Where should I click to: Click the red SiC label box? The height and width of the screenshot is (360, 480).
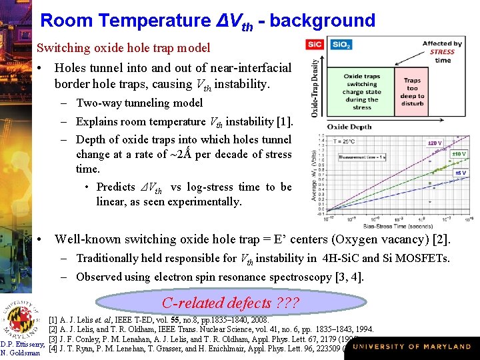(x=315, y=45)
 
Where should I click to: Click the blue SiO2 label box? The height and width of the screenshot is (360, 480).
(x=341, y=45)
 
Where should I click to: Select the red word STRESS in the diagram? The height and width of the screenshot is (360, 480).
(x=442, y=52)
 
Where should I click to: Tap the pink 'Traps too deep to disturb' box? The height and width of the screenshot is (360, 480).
(x=412, y=89)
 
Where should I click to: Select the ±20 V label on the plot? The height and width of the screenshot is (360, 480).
(x=435, y=143)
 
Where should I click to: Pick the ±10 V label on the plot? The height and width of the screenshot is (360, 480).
(x=459, y=153)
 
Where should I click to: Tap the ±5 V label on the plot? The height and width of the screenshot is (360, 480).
(x=460, y=173)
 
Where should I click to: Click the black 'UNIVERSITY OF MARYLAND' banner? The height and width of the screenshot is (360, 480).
(x=412, y=347)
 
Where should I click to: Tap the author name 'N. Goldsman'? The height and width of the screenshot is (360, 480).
(x=22, y=353)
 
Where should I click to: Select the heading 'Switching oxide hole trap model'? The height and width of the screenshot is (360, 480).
(x=123, y=48)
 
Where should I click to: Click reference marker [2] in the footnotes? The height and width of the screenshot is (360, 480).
(x=53, y=329)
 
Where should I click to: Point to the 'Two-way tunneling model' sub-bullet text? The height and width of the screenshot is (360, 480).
(x=139, y=103)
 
